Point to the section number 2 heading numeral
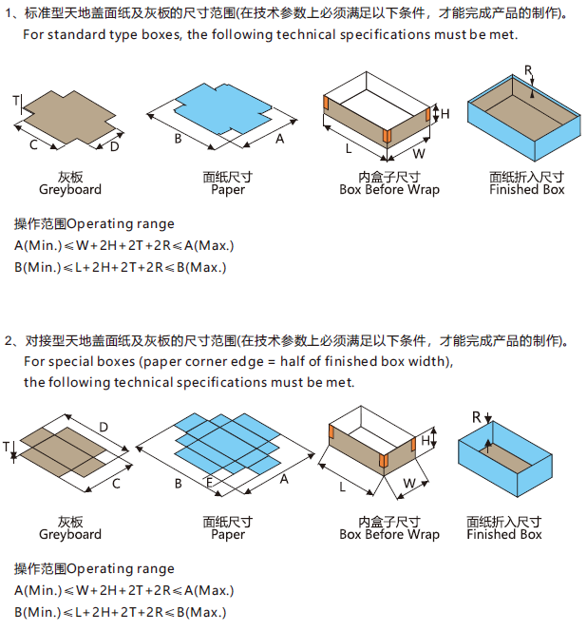tap(9, 340)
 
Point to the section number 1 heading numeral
tap(9, 13)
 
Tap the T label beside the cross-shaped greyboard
tap(16, 100)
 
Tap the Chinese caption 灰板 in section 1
tap(69, 177)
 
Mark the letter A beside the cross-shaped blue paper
tap(279, 139)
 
